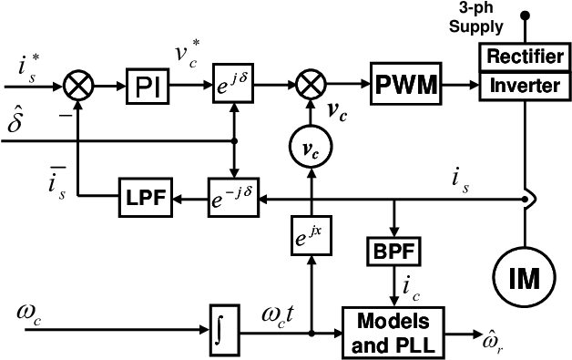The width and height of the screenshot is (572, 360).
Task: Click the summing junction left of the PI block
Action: point(79,86)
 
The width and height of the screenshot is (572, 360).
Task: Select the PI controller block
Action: point(147,87)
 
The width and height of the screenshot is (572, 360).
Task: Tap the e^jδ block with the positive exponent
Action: point(232,86)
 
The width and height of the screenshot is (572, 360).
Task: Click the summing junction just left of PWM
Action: point(312,86)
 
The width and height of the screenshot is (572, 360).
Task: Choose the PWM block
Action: point(406,86)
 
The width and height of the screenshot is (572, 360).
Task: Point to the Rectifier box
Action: point(526,57)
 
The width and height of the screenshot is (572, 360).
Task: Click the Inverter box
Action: point(526,87)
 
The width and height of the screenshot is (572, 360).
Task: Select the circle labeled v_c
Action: point(311,148)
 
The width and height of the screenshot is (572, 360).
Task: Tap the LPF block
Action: point(146,197)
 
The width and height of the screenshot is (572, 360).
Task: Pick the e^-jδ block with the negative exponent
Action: point(233,197)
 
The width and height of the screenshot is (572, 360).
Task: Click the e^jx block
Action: point(311,235)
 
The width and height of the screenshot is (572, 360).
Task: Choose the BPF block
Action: point(393,251)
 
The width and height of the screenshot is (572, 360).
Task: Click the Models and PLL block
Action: point(393,333)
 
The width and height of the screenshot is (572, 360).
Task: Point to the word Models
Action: point(393,322)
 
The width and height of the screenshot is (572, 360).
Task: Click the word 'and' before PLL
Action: point(369,345)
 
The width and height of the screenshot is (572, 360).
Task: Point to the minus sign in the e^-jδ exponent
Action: point(231,191)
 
